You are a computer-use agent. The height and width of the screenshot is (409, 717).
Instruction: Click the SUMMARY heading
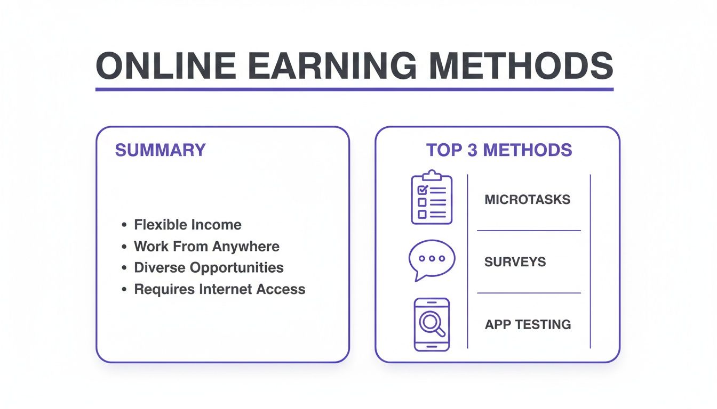[160, 150]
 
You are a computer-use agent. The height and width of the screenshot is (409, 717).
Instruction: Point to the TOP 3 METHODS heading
[499, 150]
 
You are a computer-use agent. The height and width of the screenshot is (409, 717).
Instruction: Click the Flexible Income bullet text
[187, 225]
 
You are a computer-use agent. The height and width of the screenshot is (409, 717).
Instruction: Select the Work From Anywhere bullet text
[206, 247]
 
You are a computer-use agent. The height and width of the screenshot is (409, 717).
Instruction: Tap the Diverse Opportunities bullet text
[209, 267]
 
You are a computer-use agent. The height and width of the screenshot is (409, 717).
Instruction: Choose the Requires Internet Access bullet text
[219, 289]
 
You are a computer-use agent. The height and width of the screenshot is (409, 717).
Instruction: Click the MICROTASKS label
[527, 200]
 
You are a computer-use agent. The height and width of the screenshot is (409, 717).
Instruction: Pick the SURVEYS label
[515, 262]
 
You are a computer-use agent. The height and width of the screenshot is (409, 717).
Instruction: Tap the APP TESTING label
[528, 324]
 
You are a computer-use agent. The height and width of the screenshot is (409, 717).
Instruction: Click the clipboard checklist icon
[432, 198]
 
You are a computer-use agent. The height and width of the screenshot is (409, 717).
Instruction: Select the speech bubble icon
[431, 260]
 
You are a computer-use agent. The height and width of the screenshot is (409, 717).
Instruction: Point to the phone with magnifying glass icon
[432, 324]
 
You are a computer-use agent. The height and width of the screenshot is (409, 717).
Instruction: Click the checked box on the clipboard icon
[422, 190]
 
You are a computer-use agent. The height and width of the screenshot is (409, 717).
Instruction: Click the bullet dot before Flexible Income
[124, 225]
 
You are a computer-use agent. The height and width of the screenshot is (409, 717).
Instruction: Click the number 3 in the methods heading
[472, 150]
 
